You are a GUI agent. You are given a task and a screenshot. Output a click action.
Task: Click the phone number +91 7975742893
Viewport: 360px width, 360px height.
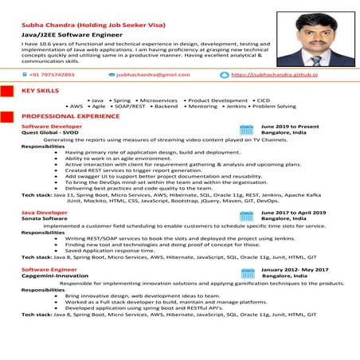pos(53,74)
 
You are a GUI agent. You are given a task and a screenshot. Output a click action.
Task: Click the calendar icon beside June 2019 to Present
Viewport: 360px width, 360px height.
pos(246,129)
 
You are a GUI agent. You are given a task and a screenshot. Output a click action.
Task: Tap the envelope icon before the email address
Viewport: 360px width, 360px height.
pos(110,74)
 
